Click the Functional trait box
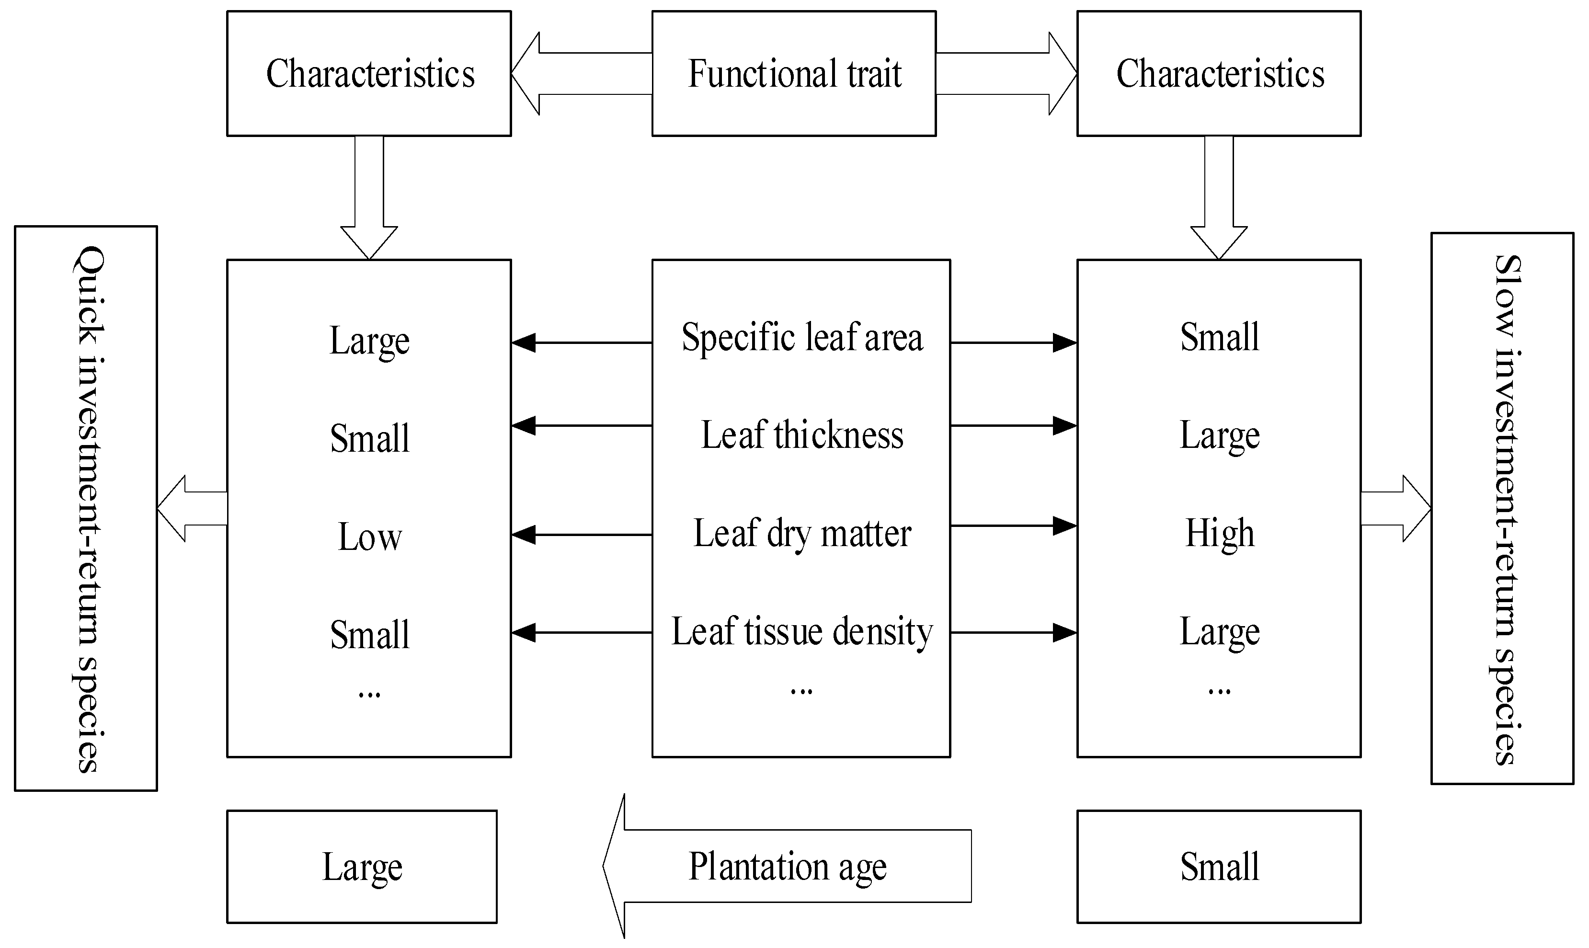pyautogui.click(x=794, y=73)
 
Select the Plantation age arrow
pyautogui.click(x=787, y=866)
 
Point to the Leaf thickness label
pyautogui.click(x=801, y=435)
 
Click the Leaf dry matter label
pyautogui.click(x=801, y=534)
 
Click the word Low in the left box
pyautogui.click(x=369, y=537)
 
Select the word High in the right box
pyautogui.click(x=1219, y=534)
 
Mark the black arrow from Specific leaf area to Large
pyautogui.click(x=581, y=343)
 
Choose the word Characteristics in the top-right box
pyautogui.click(x=1219, y=73)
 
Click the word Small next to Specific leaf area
pyautogui.click(x=1219, y=337)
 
